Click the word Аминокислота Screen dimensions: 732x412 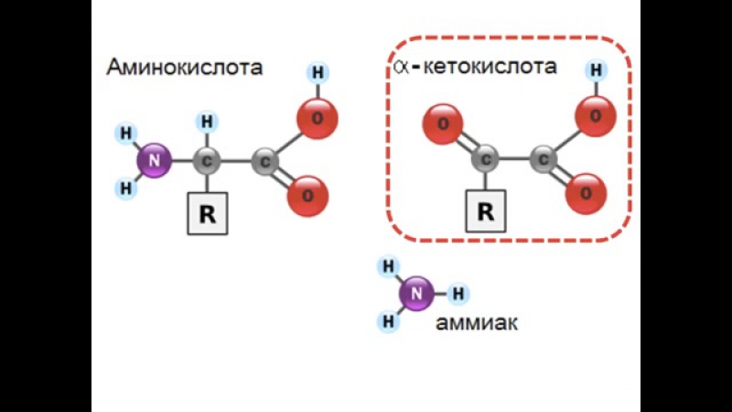185,67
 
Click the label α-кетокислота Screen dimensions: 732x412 475,66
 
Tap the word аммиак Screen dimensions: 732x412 477,323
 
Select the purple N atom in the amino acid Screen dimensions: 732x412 154,161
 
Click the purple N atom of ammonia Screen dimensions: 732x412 416,294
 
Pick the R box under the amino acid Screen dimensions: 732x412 208,213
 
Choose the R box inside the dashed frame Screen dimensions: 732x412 486,211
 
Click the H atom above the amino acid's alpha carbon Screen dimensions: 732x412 207,122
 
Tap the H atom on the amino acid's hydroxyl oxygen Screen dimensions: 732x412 318,73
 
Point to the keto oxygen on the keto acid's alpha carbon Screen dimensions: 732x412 443,125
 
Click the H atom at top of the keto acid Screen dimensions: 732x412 597,70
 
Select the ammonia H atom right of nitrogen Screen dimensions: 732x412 458,294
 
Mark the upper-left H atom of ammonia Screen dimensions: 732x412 388,266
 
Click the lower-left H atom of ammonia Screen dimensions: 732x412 388,321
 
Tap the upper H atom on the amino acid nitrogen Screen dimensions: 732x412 125,134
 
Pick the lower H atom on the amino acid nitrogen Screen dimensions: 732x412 125,189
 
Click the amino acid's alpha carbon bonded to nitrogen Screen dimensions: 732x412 207,161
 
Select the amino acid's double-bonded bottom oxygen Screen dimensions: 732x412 307,196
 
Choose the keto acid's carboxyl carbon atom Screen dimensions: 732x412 544,159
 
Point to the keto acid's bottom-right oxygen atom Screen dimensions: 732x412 586,194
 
